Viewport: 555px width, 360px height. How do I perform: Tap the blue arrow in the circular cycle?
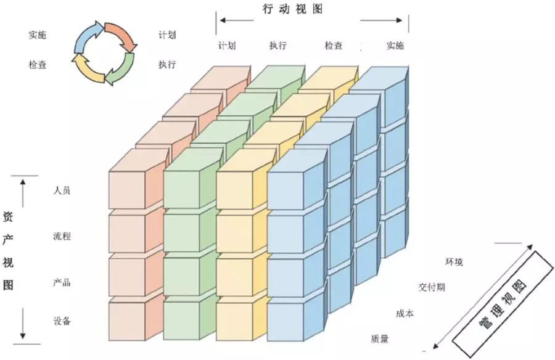click(x=85, y=36)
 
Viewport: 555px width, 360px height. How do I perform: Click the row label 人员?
click(x=62, y=190)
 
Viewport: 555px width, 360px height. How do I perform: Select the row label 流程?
click(x=62, y=235)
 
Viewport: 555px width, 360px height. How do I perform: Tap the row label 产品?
click(x=62, y=282)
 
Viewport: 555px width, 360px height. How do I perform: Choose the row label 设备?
click(x=62, y=321)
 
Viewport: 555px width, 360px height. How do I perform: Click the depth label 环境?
click(x=454, y=262)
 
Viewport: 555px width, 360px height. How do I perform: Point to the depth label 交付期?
click(x=432, y=287)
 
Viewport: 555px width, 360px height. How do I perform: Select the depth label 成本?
click(x=405, y=314)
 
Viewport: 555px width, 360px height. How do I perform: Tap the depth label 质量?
click(x=380, y=338)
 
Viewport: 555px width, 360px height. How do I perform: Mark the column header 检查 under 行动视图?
click(x=333, y=46)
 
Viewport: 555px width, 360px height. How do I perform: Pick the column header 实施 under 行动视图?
click(x=395, y=46)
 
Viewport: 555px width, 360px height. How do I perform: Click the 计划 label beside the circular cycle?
click(x=166, y=35)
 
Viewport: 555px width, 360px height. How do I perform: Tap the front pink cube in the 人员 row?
click(x=127, y=187)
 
